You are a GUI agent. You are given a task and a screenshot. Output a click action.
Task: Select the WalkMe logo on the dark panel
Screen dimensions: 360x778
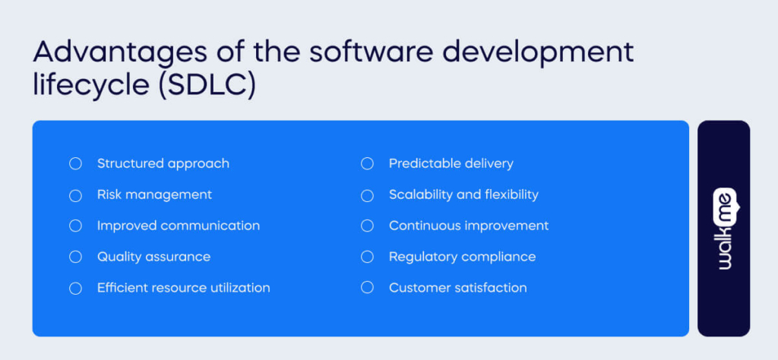coord(723,228)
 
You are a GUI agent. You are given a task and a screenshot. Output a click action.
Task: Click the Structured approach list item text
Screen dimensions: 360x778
coord(163,163)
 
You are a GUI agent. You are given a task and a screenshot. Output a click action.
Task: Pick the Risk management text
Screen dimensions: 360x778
coord(154,194)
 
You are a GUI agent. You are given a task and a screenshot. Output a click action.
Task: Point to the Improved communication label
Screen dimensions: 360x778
coord(178,226)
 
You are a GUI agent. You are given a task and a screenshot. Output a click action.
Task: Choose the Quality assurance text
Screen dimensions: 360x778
coord(153,257)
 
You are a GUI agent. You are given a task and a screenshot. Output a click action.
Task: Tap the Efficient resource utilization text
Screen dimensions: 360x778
coord(183,288)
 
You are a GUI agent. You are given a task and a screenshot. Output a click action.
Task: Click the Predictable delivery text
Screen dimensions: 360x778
coord(451,163)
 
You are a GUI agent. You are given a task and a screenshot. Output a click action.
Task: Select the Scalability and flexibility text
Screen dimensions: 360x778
coord(463,194)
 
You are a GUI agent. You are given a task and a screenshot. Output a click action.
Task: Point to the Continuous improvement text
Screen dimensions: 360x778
coord(468,226)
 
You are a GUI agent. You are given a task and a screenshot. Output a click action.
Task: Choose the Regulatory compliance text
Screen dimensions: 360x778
coord(462,257)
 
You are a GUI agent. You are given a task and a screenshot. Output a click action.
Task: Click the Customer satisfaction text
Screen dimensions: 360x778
coord(457,288)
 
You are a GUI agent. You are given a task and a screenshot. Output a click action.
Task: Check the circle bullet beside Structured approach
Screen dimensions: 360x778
coord(75,164)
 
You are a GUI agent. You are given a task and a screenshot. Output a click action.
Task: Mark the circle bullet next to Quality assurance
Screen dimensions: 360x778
coord(75,257)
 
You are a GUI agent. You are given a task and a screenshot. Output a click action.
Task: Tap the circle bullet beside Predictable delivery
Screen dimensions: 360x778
coord(367,164)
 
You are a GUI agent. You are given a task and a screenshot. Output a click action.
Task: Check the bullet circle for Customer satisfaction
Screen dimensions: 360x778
coord(367,288)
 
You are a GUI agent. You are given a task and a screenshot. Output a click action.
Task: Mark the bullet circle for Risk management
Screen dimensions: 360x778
coord(75,195)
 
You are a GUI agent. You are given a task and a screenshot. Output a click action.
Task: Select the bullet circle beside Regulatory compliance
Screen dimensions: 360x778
coord(367,257)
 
